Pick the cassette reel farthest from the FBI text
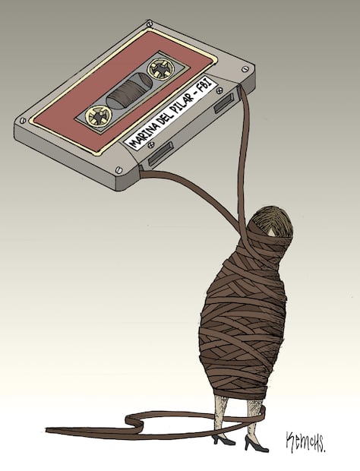(99, 115)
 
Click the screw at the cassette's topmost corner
(150, 23)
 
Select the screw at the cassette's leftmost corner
(22, 121)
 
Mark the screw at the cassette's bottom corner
(119, 169)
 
